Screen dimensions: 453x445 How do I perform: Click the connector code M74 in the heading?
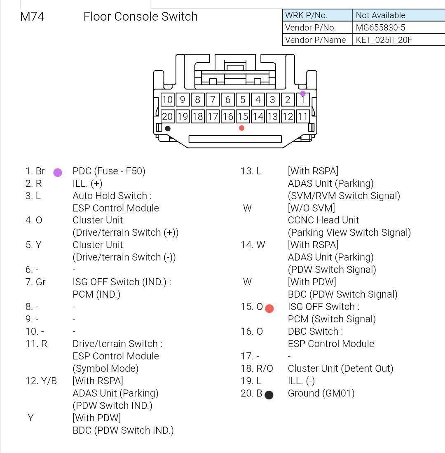pyautogui.click(x=32, y=16)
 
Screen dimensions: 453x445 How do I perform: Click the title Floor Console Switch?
pyautogui.click(x=141, y=16)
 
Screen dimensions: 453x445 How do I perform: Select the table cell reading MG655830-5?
pyautogui.click(x=380, y=28)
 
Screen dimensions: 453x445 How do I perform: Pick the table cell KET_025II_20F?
pyautogui.click(x=384, y=40)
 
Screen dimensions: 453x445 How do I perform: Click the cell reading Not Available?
pyautogui.click(x=380, y=15)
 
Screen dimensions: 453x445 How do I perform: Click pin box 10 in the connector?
pyautogui.click(x=167, y=100)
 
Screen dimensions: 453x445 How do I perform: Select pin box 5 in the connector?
pyautogui.click(x=243, y=100)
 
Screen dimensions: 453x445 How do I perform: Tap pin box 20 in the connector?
pyautogui.click(x=167, y=117)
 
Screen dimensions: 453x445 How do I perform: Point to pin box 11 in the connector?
pyautogui.click(x=303, y=117)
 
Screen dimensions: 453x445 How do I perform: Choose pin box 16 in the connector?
pyautogui.click(x=227, y=117)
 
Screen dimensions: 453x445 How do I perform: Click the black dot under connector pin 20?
pyautogui.click(x=168, y=129)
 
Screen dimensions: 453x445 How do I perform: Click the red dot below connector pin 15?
pyautogui.click(x=241, y=128)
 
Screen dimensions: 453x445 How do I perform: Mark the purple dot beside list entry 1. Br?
pyautogui.click(x=58, y=173)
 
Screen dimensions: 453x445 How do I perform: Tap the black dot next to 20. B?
pyautogui.click(x=269, y=395)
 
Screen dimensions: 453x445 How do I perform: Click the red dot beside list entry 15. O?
pyautogui.click(x=269, y=309)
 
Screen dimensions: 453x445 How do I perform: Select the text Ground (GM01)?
pyautogui.click(x=321, y=393)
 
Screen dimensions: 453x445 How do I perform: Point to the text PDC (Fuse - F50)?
pyautogui.click(x=109, y=171)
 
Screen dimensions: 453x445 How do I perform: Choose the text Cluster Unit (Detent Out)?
pyautogui.click(x=340, y=369)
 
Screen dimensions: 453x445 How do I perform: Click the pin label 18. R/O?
pyautogui.click(x=257, y=369)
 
